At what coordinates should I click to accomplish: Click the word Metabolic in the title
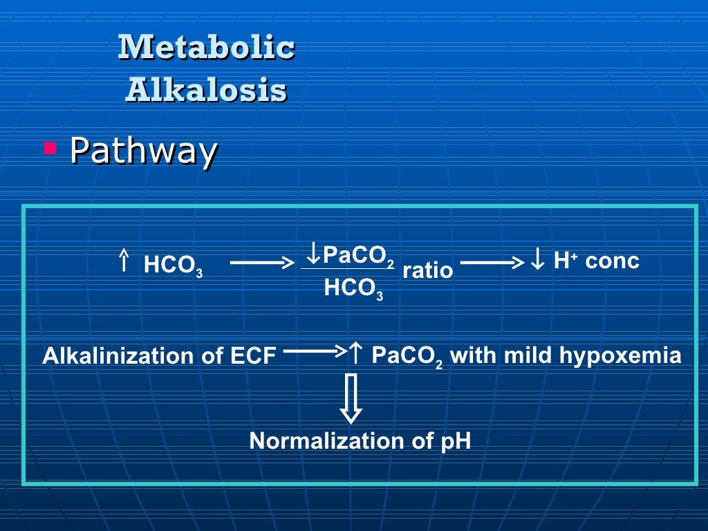click(x=206, y=47)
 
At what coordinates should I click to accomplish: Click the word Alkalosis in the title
click(x=206, y=89)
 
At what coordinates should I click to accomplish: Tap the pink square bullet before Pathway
click(x=50, y=147)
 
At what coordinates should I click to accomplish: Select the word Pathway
click(x=144, y=150)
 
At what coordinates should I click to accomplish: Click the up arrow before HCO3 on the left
click(x=124, y=261)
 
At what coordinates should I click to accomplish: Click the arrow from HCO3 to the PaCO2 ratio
click(x=261, y=263)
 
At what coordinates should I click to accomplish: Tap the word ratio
click(x=427, y=270)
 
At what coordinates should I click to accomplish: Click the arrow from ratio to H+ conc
click(x=492, y=263)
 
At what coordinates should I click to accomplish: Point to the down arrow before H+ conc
click(x=538, y=261)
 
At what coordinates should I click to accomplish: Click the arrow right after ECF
click(x=314, y=352)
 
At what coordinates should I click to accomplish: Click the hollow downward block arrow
click(x=351, y=398)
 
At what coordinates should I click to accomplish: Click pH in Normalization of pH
click(x=456, y=440)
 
